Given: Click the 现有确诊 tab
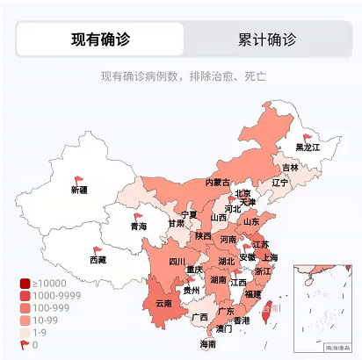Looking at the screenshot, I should (101, 40).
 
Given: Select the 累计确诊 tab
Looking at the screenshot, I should (266, 40).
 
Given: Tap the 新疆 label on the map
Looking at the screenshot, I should (79, 190).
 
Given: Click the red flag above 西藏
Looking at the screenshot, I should (97, 249).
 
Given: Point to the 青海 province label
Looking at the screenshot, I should (139, 227).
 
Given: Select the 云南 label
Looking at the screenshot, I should (163, 303).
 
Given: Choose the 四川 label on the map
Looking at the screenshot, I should (177, 261).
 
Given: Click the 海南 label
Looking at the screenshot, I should (207, 343).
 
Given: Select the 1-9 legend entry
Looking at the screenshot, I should (40, 333).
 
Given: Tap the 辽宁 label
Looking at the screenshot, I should (280, 183).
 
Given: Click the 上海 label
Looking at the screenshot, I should (270, 257).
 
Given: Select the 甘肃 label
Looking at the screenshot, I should (176, 223).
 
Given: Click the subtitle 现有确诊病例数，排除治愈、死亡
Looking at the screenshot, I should (184, 76).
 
